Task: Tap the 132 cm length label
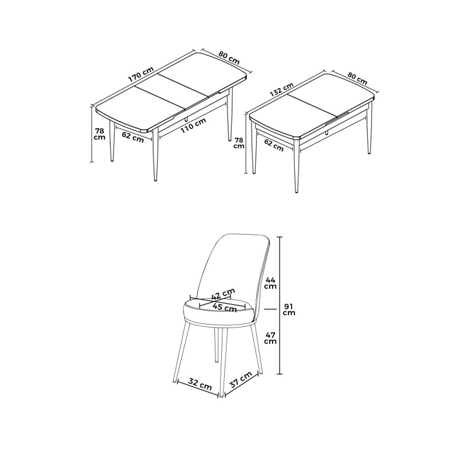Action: coord(281,89)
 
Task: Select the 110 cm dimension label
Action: coord(193,126)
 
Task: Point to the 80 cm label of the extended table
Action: coord(229,57)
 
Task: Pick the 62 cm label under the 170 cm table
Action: coord(133,137)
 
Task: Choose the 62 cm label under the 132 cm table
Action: coord(274,145)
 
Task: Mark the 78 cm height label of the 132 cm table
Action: coord(239,143)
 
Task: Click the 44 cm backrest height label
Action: coord(270,283)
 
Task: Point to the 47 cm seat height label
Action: coord(270,337)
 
